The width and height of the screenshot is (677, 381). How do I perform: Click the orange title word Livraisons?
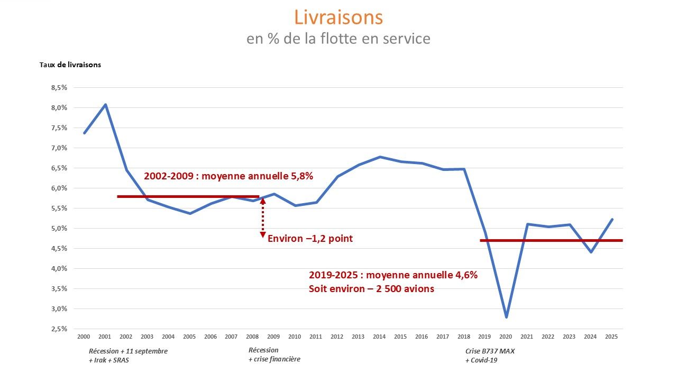click(338, 17)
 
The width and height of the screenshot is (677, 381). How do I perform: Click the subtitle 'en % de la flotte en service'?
click(338, 39)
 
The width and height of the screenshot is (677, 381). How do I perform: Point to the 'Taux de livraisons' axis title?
click(70, 65)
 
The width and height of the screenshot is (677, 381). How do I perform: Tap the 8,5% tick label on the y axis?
click(59, 88)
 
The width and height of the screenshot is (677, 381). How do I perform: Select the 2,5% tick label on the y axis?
click(59, 329)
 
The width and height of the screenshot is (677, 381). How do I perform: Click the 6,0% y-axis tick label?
click(59, 188)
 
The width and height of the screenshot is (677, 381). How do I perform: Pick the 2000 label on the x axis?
click(84, 337)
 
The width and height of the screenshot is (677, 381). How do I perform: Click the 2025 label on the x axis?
click(611, 337)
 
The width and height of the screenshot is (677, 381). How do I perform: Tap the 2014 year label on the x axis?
click(379, 337)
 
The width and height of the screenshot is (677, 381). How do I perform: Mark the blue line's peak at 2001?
click(105, 104)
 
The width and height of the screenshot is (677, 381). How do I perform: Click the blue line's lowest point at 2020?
click(506, 317)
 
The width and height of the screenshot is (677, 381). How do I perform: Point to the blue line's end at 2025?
click(612, 219)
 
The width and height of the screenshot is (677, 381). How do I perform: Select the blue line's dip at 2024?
click(590, 252)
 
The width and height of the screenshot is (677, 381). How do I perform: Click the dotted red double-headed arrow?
click(262, 217)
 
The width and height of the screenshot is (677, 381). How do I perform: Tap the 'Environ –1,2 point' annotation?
click(310, 239)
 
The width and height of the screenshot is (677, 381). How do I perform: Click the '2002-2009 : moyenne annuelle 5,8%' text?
click(228, 176)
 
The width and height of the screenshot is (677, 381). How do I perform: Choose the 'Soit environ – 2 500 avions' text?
click(371, 289)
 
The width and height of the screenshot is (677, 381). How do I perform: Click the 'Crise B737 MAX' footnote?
click(490, 350)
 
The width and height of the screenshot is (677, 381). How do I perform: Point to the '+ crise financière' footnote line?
click(274, 360)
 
